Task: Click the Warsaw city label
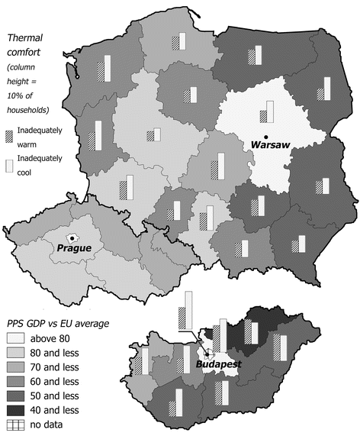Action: click(269, 144)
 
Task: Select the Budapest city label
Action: click(218, 365)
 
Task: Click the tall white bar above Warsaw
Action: click(269, 111)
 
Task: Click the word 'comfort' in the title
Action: click(25, 53)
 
